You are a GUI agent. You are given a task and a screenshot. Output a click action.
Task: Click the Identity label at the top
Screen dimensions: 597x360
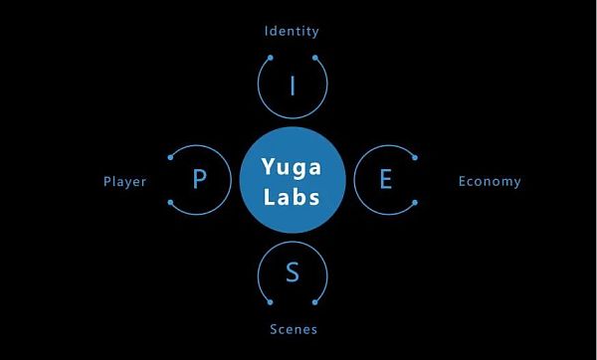[x=292, y=31]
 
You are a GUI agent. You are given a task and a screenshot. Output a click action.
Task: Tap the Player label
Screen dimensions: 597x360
[x=125, y=182]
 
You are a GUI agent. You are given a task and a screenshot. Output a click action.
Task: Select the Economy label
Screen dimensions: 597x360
[x=490, y=182]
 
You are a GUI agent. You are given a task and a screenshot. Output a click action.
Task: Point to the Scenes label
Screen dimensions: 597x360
[x=294, y=329]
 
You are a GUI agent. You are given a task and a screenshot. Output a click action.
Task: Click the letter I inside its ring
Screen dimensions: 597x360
[x=293, y=86]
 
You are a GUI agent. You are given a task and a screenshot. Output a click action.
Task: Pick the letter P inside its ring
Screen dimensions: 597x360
[x=200, y=178]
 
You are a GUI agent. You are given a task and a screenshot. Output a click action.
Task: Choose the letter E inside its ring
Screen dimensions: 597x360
[x=386, y=179]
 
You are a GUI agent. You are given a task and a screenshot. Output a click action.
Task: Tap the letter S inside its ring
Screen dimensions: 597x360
[x=293, y=271]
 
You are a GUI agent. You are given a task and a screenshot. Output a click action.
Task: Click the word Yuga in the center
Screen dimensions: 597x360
[x=292, y=167]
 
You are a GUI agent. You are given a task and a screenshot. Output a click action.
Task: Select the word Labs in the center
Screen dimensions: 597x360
[x=292, y=197]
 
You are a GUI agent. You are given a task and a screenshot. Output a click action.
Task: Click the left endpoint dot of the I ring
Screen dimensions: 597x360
[x=271, y=58]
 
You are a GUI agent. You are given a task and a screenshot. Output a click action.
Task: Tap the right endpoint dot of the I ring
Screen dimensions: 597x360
[x=315, y=58]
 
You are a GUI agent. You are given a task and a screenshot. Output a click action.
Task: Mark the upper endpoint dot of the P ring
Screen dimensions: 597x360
[x=170, y=157]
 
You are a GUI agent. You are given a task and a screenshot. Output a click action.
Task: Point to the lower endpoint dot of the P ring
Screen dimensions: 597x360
[x=170, y=203]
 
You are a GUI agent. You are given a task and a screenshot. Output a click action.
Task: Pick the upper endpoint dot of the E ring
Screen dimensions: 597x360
[x=415, y=157]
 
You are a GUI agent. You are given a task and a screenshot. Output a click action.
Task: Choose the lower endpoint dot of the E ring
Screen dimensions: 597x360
[x=415, y=203]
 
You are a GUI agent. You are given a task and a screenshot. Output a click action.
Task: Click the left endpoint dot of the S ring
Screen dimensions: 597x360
[x=271, y=302]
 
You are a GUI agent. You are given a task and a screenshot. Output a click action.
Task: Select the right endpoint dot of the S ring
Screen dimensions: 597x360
[x=315, y=302]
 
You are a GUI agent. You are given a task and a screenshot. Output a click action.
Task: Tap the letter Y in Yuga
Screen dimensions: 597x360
[x=269, y=165]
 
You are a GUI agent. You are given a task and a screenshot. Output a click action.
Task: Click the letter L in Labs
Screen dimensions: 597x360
[x=270, y=197]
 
